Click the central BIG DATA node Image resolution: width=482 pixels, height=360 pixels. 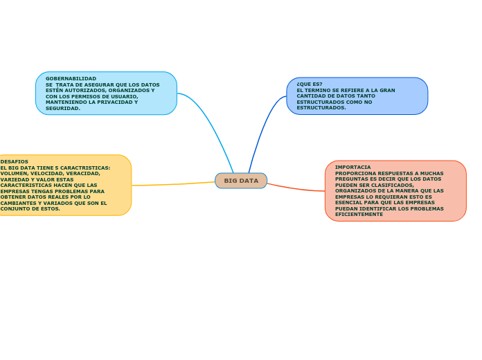tap(241, 181)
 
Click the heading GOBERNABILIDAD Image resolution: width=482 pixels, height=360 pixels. tap(71, 79)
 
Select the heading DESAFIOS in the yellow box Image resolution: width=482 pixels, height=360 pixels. tap(15, 161)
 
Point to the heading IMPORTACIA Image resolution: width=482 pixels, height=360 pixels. tap(352, 168)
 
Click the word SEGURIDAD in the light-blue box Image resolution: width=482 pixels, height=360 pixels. tap(62, 109)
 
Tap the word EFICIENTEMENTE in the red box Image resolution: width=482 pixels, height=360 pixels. tap(359, 215)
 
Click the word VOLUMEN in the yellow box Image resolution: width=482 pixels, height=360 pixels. tap(15, 173)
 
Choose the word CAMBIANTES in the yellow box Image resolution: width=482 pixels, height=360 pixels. tap(19, 203)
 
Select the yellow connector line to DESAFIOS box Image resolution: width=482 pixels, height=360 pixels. tap(173, 184)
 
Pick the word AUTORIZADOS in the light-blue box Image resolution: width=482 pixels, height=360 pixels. tap(76, 91)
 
